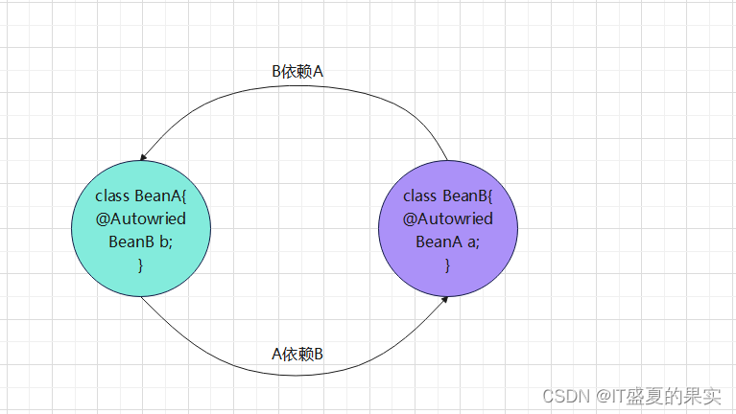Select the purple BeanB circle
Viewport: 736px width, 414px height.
point(447,278)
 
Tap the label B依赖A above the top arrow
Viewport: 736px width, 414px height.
point(298,72)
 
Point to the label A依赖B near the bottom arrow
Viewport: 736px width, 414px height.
point(297,354)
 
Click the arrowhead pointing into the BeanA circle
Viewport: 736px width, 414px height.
point(144,157)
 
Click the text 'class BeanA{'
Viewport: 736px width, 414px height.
point(140,195)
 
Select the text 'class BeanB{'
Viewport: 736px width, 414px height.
point(447,195)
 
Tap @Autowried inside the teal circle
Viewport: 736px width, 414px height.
point(140,218)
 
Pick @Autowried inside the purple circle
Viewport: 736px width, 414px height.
point(447,218)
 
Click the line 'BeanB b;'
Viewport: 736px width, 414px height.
point(140,241)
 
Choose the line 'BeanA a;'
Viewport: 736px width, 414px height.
point(447,241)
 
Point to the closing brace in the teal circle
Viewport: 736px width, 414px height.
point(140,264)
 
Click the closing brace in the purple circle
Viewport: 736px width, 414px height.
point(447,264)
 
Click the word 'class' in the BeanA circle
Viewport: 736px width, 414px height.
point(113,195)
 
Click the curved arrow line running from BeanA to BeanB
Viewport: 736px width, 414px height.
point(221,354)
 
